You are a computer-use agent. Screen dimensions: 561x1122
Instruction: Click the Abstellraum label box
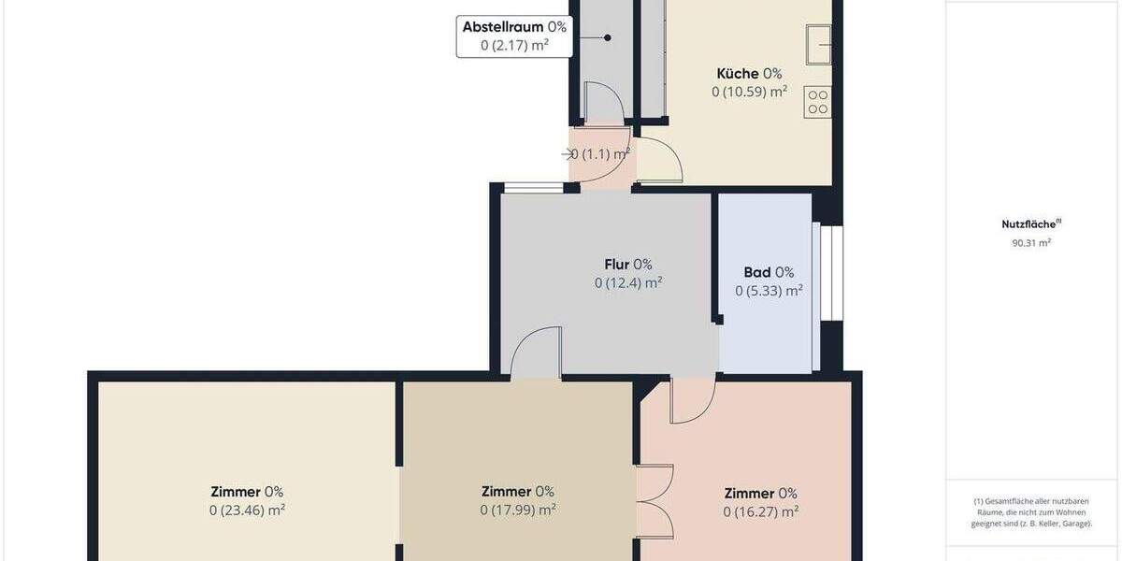514,36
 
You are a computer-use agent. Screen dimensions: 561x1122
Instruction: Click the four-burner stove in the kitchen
817,102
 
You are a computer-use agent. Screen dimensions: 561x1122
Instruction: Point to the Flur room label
627,264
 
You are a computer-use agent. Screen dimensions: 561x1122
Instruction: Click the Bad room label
769,272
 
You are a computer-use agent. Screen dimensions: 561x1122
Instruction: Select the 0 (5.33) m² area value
769,291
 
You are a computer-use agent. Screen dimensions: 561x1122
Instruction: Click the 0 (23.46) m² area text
247,511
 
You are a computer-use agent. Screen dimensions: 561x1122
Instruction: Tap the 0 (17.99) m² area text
518,510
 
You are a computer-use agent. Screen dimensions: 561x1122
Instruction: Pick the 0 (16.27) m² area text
760,511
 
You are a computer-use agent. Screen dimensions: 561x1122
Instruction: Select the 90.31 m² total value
1031,243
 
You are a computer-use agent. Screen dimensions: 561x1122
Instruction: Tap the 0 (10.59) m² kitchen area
749,92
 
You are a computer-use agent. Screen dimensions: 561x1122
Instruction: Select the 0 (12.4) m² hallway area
628,282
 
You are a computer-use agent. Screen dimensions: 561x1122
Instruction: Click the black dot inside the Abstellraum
607,37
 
